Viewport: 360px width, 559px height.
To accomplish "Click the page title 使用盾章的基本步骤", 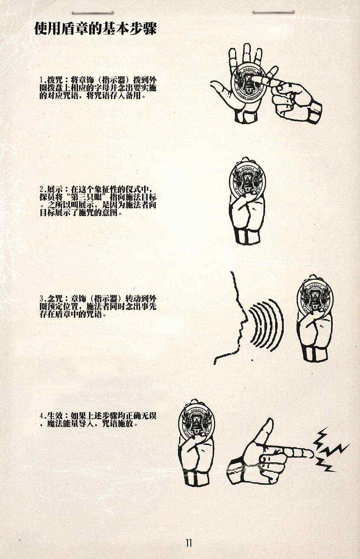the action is (x=95, y=29).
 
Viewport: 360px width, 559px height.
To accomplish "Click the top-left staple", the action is (x=93, y=13).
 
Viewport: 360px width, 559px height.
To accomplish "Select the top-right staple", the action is (x=273, y=12).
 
